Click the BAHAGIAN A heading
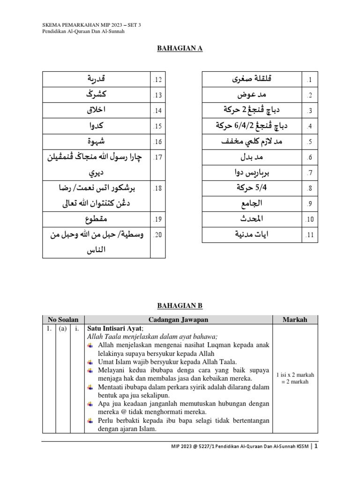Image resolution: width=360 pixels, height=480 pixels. tap(180, 48)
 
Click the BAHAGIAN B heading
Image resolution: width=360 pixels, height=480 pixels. tap(180, 305)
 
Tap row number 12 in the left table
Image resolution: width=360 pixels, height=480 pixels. tap(157, 80)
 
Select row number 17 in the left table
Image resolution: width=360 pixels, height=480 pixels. tap(157, 157)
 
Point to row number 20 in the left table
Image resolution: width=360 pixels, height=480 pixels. tap(157, 234)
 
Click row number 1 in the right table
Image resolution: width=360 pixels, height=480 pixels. tap(309, 80)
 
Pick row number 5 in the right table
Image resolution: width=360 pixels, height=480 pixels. tap(309, 142)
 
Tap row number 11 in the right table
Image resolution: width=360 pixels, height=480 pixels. tap(309, 234)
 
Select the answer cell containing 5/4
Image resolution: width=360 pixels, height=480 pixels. tap(251, 188)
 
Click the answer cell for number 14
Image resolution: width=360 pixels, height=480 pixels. tap(96, 111)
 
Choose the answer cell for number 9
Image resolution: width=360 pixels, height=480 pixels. tap(251, 203)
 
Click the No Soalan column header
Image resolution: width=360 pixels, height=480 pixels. tap(62, 320)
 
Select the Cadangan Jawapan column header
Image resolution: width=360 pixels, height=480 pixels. tap(178, 320)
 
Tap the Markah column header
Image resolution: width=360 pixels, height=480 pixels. tap(295, 320)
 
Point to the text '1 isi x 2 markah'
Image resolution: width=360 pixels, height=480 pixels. tap(295, 375)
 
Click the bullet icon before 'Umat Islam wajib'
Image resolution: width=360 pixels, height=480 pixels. tap(91, 362)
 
